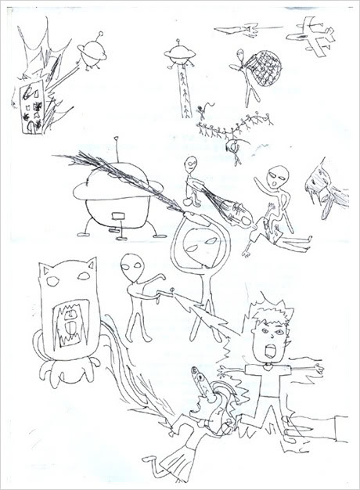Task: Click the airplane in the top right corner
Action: click(x=311, y=36)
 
